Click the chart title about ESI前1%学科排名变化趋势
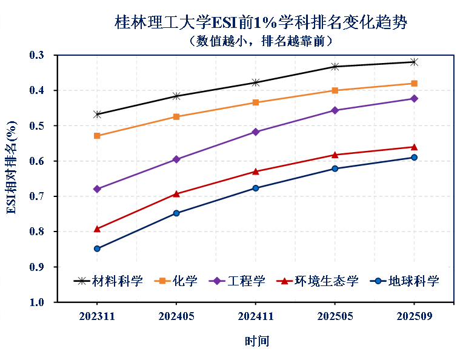coord(261,22)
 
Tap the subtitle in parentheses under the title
coord(261,41)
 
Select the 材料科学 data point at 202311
coord(97,114)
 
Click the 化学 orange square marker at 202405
coord(176,116)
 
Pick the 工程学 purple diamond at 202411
coord(255,132)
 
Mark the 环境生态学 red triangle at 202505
coord(335,155)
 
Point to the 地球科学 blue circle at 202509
coord(415,158)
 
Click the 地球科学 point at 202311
coord(97,248)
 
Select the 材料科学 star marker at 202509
coord(415,62)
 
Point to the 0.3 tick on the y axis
coord(38,55)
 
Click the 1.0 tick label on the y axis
coord(38,302)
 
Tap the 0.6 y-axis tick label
coord(38,161)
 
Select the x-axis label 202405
coord(176,316)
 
